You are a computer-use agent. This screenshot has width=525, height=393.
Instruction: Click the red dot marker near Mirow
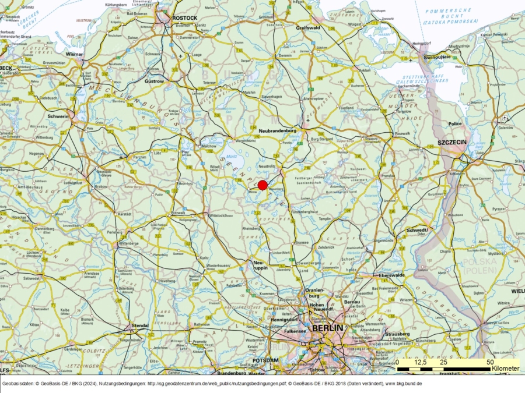[x=262, y=185]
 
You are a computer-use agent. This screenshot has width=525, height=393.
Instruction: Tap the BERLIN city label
[x=328, y=328]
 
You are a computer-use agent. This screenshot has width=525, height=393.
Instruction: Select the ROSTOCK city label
[x=184, y=18]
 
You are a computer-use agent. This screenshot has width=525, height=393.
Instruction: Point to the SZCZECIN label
[x=453, y=143]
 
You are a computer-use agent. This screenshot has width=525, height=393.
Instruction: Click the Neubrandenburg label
[x=278, y=131]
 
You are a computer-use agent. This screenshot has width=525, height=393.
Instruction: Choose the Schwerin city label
[x=58, y=116]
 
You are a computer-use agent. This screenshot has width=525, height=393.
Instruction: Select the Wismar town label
[x=75, y=54]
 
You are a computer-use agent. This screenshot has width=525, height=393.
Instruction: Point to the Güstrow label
[x=155, y=82]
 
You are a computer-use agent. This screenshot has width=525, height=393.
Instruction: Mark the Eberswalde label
[x=392, y=274]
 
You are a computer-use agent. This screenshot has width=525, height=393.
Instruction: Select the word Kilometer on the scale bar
[x=505, y=369]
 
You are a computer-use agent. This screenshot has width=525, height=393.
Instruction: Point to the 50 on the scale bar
[x=490, y=362]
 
